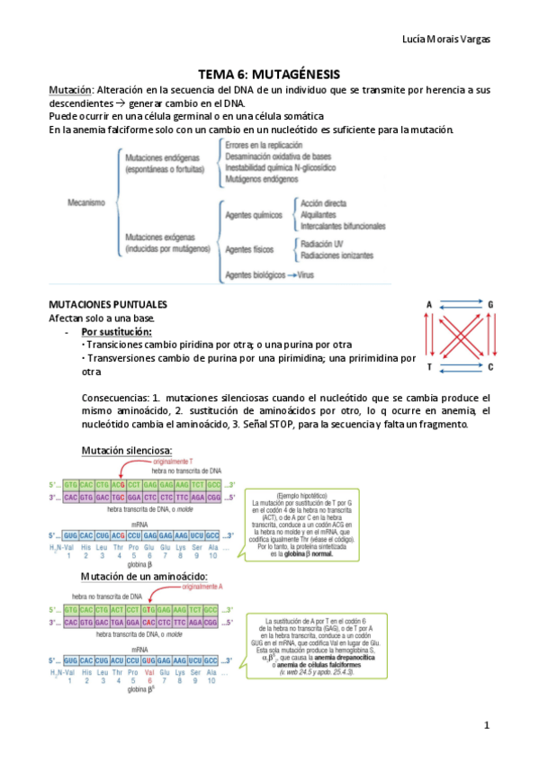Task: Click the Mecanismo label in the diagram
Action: (x=87, y=202)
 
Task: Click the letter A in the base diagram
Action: (x=430, y=305)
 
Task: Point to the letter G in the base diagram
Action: (x=490, y=305)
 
